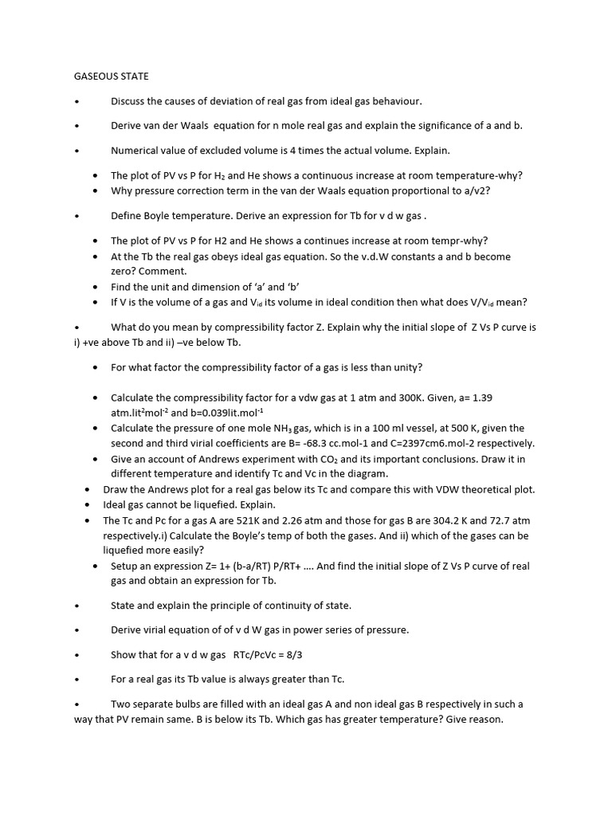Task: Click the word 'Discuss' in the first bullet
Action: point(129,101)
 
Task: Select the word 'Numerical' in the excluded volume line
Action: point(135,151)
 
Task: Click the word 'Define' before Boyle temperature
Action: point(127,216)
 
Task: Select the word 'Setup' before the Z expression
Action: point(126,567)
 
